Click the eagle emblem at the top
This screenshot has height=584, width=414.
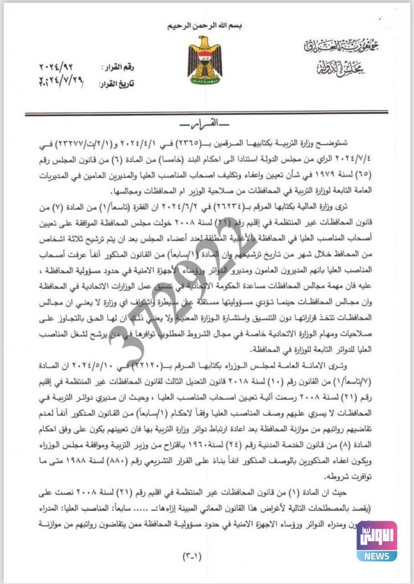[x=205, y=59]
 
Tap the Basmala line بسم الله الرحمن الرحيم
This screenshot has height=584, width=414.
[x=206, y=27]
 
